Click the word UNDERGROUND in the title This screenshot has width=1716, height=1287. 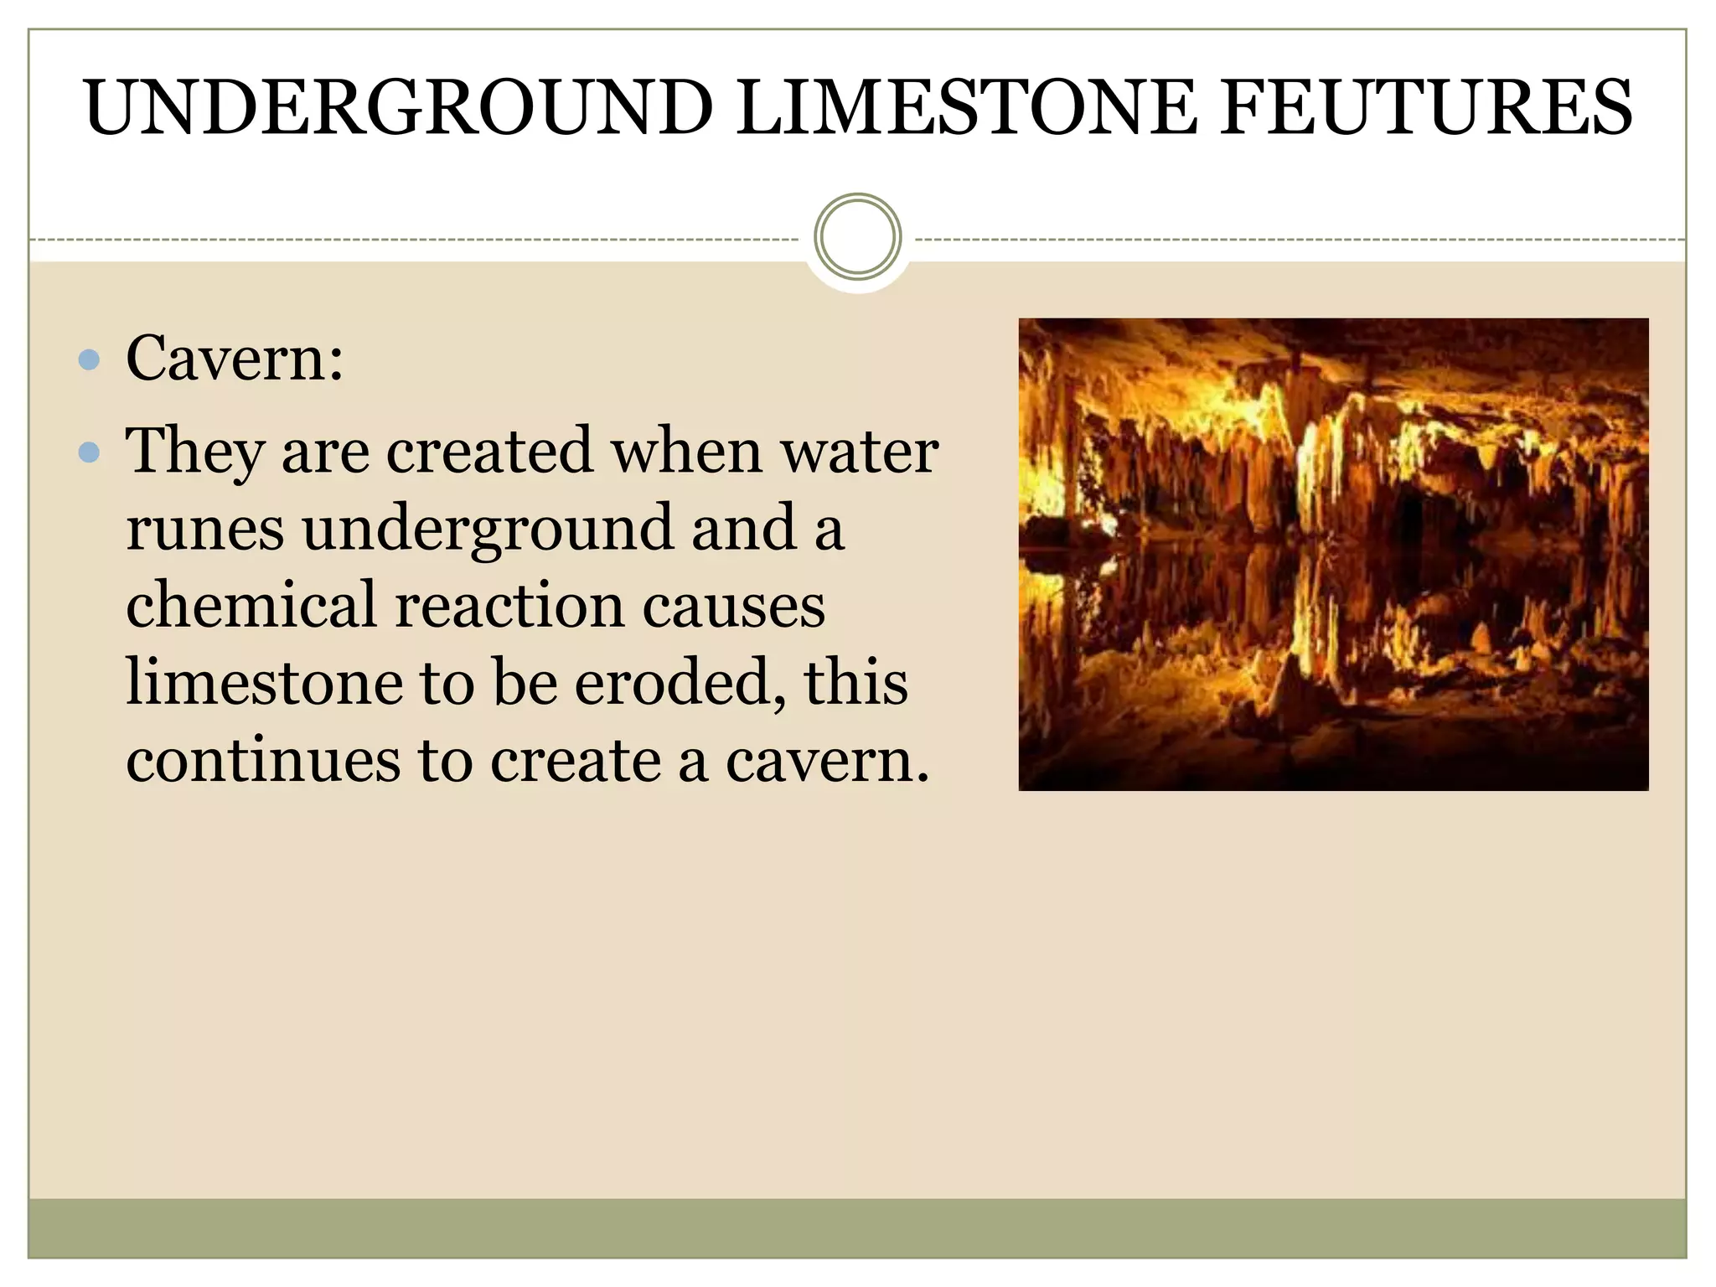[399, 107]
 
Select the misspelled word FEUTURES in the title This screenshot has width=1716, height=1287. [1424, 107]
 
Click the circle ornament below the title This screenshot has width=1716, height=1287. [857, 237]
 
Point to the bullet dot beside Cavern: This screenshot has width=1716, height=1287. [89, 361]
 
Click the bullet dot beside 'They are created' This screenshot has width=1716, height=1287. [89, 453]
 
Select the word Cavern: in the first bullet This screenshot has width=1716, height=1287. [235, 359]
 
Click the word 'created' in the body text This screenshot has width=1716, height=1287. [489, 452]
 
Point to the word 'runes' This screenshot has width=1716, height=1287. [204, 530]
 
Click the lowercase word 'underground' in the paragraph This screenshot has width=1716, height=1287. [488, 530]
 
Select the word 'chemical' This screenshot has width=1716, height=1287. [251, 606]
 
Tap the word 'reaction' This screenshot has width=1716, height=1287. [509, 606]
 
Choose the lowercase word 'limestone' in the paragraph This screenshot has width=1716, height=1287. [264, 683]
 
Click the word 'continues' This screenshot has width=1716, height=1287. [263, 761]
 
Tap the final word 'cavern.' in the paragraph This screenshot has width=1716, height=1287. [828, 761]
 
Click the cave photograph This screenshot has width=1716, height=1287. [1333, 554]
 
